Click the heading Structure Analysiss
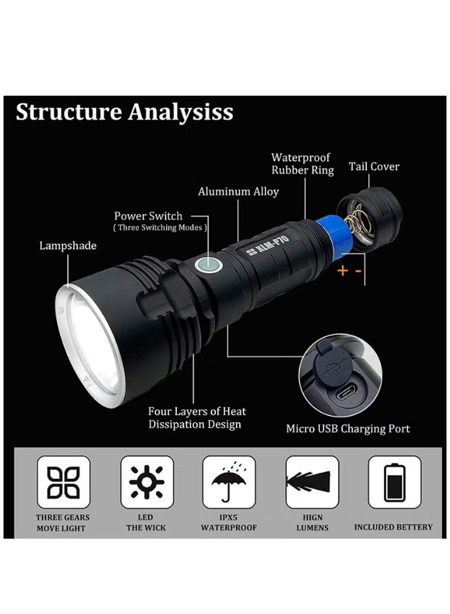pos(124,112)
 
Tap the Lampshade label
pos(67,245)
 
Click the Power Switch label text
pos(148,216)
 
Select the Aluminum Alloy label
pos(238,192)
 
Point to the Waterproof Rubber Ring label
pos(302,164)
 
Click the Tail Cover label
pos(374,167)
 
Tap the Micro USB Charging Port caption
pos(348,429)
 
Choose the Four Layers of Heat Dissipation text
pos(197,418)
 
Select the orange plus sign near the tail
pos(341,271)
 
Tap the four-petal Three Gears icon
pos(64,482)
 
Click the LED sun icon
pos(147,482)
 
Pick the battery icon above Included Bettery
pos(394,482)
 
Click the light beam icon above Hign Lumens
pos(312,482)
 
